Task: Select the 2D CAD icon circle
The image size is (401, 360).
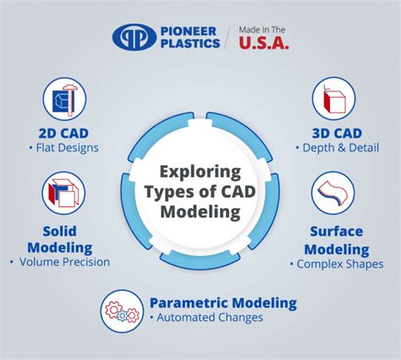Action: pyautogui.click(x=64, y=100)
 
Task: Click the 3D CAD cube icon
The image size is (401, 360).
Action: pyautogui.click(x=332, y=100)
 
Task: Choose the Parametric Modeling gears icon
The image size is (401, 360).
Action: pyautogui.click(x=122, y=310)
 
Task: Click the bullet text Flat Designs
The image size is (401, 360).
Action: pyautogui.click(x=68, y=148)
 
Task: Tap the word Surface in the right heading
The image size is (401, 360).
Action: pyautogui.click(x=336, y=232)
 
